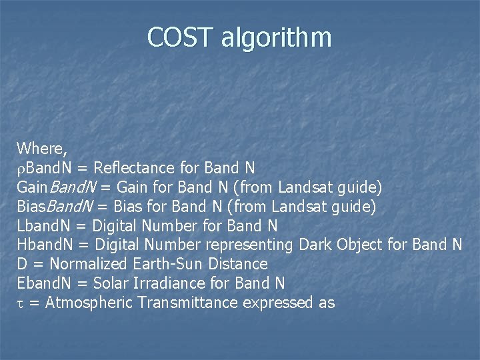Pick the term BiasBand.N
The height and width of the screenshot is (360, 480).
53,206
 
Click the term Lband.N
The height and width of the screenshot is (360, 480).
45,225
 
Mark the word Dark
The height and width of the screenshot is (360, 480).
316,245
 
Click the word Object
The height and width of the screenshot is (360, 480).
360,245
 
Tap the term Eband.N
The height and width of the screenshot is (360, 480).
46,283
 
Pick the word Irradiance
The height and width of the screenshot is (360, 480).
170,283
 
